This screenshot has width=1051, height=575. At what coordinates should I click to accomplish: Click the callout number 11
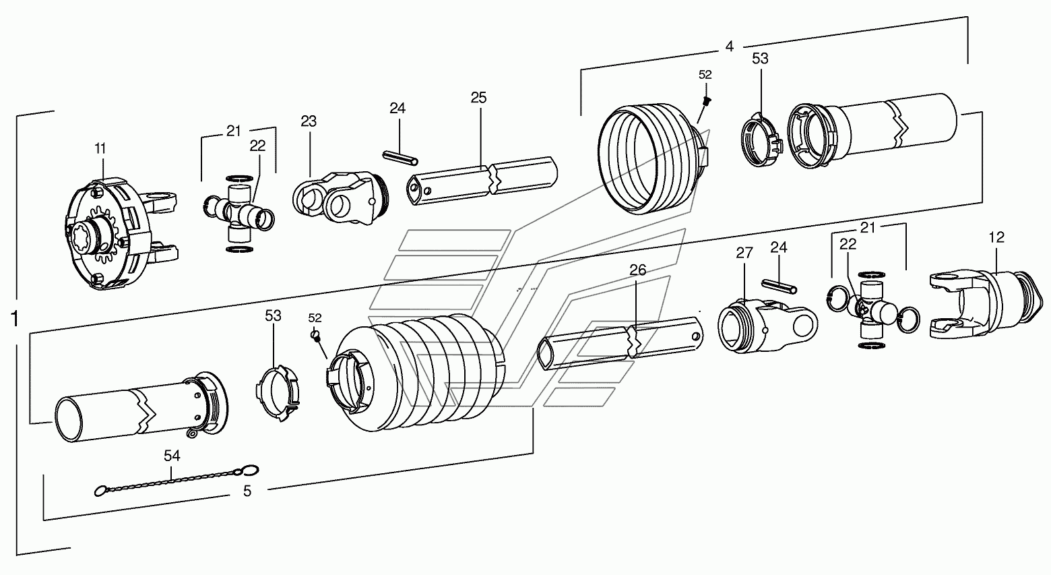coord(100,149)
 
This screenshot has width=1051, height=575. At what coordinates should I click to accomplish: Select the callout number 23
coord(309,121)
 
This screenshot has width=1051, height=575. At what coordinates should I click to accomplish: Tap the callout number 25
coord(478,98)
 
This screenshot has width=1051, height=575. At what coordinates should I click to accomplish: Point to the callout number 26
coord(637,270)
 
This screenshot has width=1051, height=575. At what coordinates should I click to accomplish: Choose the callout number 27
coord(743,253)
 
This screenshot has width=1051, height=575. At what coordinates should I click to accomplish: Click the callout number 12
coord(996,237)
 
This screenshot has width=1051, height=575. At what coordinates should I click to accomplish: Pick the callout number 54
coord(172,456)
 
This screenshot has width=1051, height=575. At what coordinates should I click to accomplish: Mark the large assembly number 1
coord(14,319)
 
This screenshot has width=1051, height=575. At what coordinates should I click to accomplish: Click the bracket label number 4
coord(729,47)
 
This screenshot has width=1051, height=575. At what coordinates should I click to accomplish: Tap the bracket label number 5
coord(247,492)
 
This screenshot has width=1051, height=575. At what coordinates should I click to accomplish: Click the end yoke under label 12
coord(984,297)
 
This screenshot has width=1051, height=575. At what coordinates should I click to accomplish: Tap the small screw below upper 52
coord(706,101)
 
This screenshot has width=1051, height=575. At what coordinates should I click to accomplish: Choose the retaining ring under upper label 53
coord(761,140)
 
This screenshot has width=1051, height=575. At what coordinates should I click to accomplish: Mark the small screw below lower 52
coord(314,334)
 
